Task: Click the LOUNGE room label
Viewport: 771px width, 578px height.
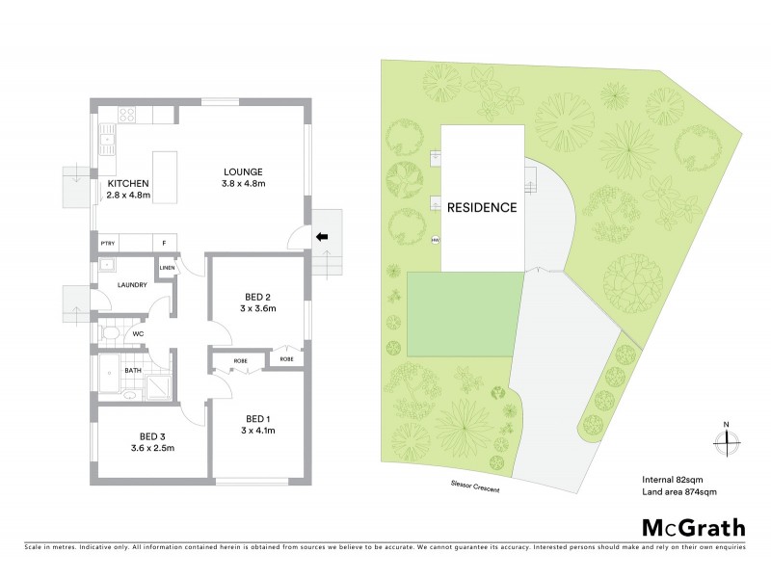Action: [243, 171]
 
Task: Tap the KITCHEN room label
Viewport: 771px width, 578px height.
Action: [128, 183]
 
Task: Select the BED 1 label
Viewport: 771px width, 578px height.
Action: [255, 418]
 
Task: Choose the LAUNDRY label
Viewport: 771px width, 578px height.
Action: [130, 285]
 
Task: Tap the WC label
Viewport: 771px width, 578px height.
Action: [138, 334]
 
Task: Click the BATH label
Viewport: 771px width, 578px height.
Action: [132, 369]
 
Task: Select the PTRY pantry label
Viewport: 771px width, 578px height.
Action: [108, 243]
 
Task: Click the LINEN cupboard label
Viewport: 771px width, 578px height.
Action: [168, 268]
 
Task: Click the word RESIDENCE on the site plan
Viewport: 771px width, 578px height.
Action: [482, 207]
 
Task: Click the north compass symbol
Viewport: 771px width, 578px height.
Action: [726, 440]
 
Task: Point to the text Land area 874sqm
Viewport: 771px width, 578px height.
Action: [678, 492]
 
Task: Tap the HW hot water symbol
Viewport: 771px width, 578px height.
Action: [436, 240]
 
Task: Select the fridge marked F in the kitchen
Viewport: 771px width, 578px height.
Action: [164, 243]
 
